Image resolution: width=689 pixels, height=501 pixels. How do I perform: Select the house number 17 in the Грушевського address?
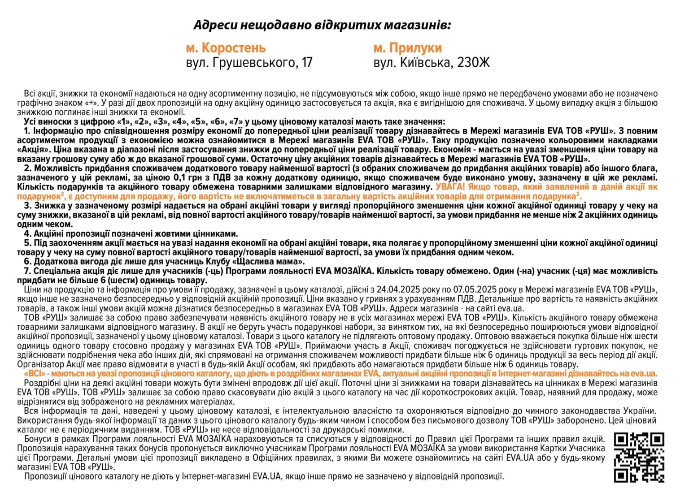tap(306, 62)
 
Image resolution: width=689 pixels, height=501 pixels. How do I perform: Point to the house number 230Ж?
tap(474, 62)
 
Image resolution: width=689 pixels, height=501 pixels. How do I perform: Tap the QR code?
tap(639, 458)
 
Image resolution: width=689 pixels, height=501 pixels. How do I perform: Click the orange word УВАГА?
tap(450, 186)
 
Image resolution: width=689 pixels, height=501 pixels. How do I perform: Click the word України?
tap(639, 411)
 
